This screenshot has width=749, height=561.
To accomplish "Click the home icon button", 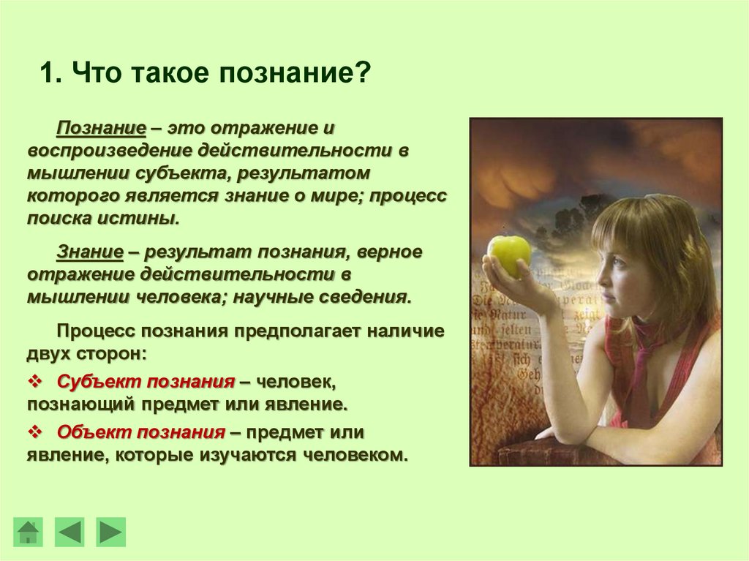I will click(x=28, y=532).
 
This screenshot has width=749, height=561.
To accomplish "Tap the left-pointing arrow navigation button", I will click(x=69, y=532).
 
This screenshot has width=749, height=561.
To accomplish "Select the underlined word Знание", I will click(x=89, y=252).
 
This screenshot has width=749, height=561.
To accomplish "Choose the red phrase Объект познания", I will click(x=140, y=432).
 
